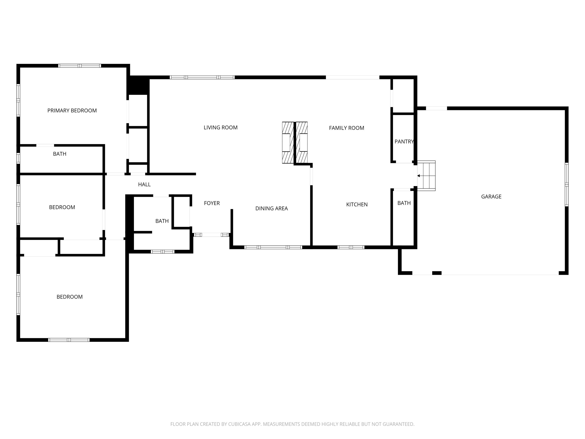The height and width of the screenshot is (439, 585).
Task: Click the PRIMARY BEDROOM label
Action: (72, 111)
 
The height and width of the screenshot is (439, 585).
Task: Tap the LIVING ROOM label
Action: (221, 128)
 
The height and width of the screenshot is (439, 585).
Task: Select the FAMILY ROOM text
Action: (347, 128)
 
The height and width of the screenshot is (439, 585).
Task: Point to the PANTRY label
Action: (404, 142)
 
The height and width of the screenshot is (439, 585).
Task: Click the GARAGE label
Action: (491, 197)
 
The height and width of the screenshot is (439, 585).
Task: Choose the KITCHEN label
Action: (357, 204)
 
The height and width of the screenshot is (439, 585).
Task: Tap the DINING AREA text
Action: (271, 209)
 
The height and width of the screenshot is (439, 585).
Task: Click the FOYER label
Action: (212, 203)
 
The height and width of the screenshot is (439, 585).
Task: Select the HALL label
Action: (144, 184)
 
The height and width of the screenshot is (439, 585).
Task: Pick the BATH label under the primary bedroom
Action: (59, 154)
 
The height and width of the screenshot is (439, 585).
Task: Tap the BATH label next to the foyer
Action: (162, 221)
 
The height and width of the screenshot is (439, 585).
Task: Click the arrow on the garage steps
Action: (419, 176)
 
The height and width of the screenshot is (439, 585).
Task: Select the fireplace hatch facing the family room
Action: (302, 143)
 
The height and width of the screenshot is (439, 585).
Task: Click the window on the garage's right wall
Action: (566, 184)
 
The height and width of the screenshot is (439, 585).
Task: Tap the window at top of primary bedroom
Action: (80, 66)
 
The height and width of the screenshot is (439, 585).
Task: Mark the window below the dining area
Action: (273, 247)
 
